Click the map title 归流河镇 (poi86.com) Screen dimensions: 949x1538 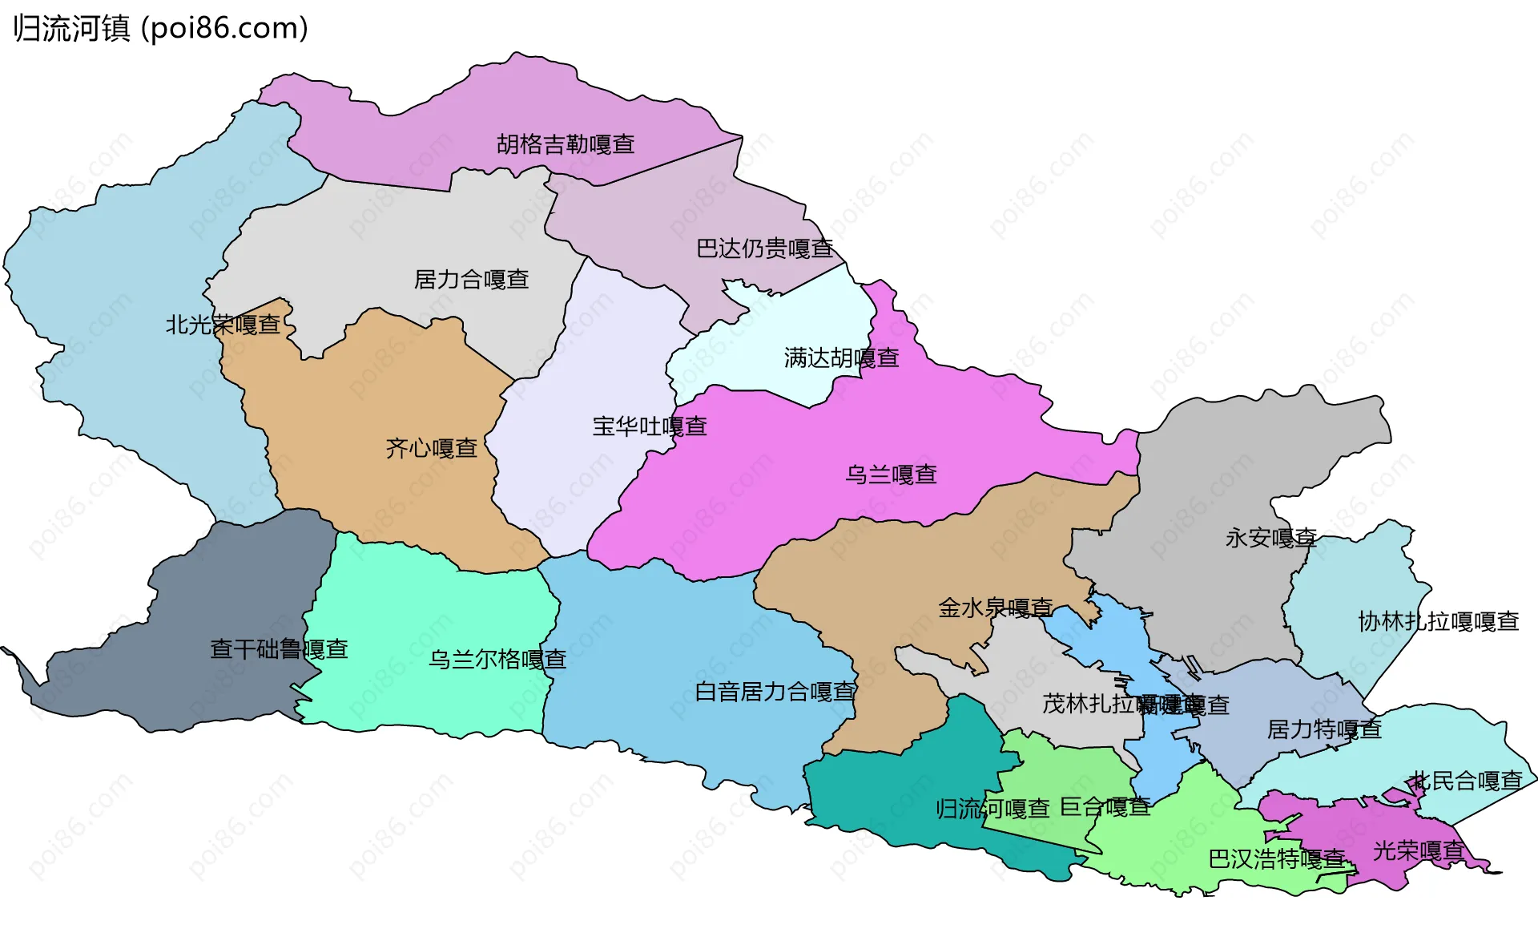coord(160,29)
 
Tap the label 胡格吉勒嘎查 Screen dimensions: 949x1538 coord(566,145)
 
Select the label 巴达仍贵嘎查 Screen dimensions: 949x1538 coord(765,249)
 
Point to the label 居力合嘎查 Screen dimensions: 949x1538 coord(471,280)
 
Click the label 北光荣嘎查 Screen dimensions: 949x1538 coord(223,325)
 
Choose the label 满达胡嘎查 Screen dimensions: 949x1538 coord(841,358)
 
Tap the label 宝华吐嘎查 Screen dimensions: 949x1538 coord(650,426)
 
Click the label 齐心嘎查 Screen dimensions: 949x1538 coord(432,449)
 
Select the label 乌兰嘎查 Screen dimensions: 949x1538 coord(891,475)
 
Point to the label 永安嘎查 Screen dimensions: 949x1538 coord(1271,539)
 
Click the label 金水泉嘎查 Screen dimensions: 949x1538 coord(996,608)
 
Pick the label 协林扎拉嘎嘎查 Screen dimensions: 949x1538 coord(1439,622)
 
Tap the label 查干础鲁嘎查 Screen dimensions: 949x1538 coord(279,649)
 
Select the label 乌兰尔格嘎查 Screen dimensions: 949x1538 coord(497,660)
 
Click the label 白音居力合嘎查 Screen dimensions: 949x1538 coord(775,692)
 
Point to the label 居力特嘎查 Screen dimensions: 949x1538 coord(1324,730)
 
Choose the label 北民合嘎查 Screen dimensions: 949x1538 coord(1466,781)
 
